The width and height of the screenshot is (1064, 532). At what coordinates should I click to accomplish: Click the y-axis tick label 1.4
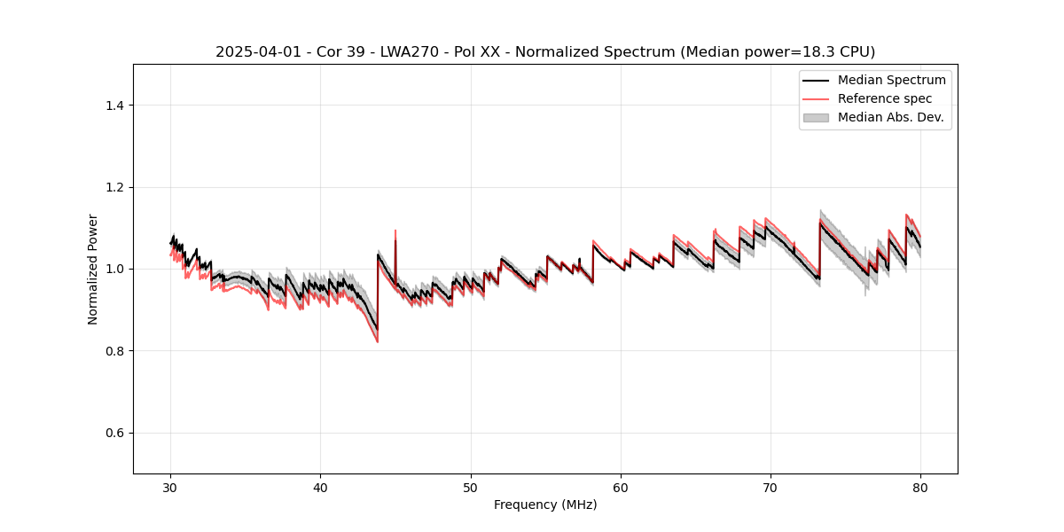pos(114,106)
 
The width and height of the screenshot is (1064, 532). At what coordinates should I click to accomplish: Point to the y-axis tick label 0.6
pos(114,433)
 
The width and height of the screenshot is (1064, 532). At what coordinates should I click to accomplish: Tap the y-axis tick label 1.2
pos(114,187)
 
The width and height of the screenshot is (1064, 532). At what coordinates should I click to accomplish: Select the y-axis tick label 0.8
pos(114,351)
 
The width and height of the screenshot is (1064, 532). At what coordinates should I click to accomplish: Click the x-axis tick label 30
pos(171,488)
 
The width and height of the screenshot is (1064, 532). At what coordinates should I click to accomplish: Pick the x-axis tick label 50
pos(471,488)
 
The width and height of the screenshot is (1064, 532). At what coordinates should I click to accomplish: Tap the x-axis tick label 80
pos(920,488)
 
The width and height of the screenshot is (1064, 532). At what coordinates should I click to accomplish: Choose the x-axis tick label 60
pos(621,488)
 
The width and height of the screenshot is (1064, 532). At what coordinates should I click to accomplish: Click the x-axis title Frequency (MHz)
pos(545,505)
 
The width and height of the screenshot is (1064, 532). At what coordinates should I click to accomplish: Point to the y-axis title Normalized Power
pos(93,269)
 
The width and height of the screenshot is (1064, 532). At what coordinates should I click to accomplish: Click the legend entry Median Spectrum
pos(891,80)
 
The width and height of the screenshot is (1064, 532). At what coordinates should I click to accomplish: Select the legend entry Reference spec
pos(885,98)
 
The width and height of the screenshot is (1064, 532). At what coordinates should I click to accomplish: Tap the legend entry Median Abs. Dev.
pos(890,117)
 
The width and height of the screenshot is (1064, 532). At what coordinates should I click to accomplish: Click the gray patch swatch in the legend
pos(816,117)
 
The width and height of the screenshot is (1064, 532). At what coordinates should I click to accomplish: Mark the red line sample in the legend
pos(816,98)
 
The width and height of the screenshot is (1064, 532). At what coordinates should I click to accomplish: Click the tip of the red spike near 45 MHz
pos(395,231)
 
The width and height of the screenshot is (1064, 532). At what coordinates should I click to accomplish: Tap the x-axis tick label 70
pos(771,488)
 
